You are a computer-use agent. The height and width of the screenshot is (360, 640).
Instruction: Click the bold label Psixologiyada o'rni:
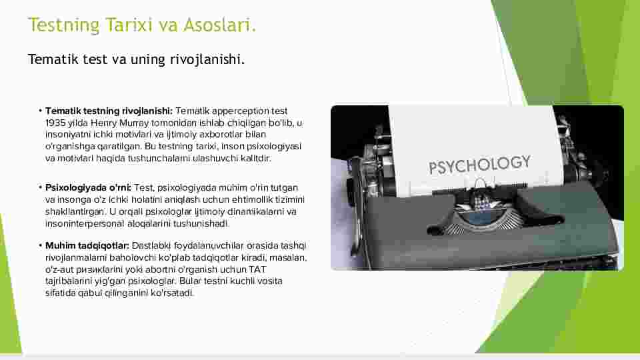click(88, 188)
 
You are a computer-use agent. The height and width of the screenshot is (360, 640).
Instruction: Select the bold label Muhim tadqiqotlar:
click(87, 246)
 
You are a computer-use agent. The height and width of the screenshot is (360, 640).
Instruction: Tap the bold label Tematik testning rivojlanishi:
click(109, 111)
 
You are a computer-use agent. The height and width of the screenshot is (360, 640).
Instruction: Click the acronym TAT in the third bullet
click(257, 269)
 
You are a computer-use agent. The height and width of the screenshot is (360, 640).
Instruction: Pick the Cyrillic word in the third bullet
click(99, 270)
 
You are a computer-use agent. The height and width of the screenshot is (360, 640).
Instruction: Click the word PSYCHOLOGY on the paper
click(479, 165)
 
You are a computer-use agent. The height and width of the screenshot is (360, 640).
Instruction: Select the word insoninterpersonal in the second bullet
click(85, 224)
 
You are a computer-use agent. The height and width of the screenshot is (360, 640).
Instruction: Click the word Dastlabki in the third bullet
click(151, 246)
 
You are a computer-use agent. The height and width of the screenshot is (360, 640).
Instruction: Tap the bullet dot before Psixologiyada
click(41, 188)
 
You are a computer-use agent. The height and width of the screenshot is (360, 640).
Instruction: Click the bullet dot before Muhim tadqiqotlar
click(41, 246)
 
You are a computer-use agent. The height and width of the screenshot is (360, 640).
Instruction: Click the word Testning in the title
click(64, 25)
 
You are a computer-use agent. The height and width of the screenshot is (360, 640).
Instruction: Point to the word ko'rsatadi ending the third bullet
click(172, 293)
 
